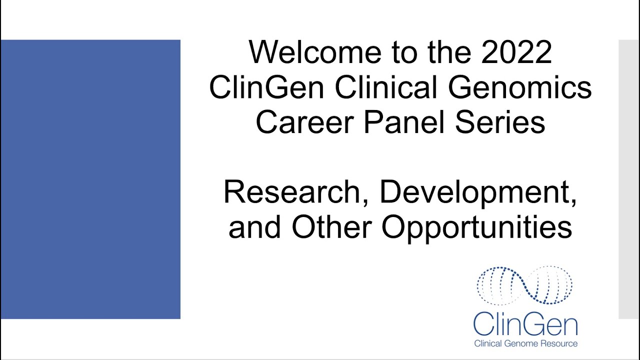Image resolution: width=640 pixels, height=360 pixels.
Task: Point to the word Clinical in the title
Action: click(x=388, y=87)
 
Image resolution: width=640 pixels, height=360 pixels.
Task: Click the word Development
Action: click(x=478, y=192)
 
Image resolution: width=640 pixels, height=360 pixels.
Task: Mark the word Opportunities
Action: click(x=477, y=227)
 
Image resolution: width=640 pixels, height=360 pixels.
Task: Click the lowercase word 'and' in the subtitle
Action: click(x=255, y=227)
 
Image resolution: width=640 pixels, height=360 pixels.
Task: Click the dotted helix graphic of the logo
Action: click(x=524, y=285)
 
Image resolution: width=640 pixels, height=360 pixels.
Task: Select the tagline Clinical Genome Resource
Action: click(x=525, y=343)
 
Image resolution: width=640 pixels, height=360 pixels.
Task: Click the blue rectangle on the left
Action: click(x=90, y=179)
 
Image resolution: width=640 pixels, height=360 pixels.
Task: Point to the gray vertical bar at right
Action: click(x=628, y=179)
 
